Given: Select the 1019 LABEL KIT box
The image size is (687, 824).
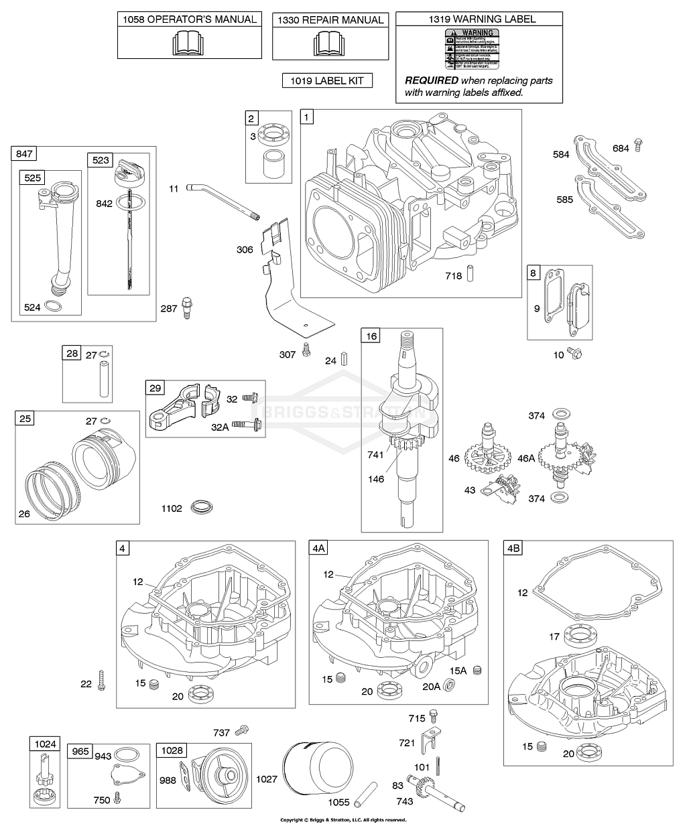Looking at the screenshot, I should click(x=327, y=81).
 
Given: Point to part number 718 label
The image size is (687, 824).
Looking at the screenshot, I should click(x=454, y=276).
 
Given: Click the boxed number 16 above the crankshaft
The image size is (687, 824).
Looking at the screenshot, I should click(x=371, y=336).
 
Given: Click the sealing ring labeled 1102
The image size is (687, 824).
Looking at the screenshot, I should click(x=201, y=506).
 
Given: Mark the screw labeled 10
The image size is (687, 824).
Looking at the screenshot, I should click(x=574, y=352).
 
